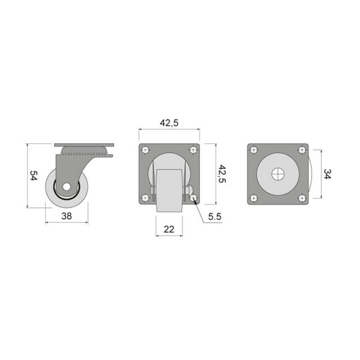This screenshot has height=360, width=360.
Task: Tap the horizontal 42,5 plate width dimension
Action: click(x=169, y=122)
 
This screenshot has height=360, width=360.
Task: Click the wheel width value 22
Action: click(x=169, y=230)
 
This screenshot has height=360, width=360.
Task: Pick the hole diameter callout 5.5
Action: click(x=215, y=217)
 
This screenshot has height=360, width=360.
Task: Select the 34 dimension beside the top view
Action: click(x=328, y=174)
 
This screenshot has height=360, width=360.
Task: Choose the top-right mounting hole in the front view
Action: click(x=193, y=150)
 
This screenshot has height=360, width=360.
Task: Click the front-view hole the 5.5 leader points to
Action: click(x=193, y=199)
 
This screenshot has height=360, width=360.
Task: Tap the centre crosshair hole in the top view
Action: click(x=278, y=174)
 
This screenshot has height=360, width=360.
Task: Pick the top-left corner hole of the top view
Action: click(x=253, y=150)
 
